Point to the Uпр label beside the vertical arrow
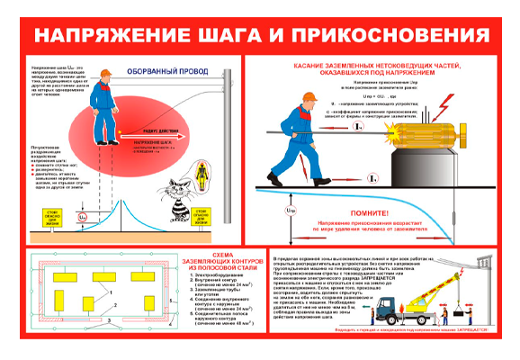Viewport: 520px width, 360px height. (x=288, y=211)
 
